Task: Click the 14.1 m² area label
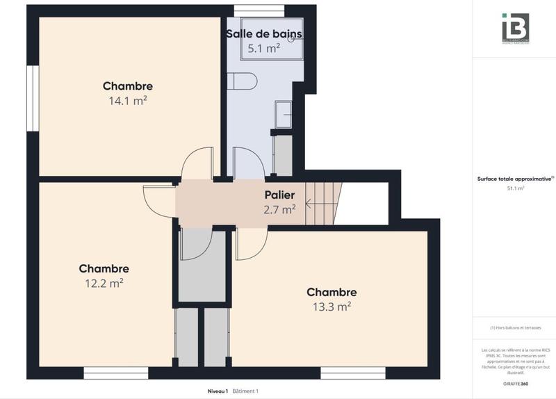127,100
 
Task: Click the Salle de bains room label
263,33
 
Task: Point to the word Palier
279,195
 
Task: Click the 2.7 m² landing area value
279,208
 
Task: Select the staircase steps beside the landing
326,202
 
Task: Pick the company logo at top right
515,28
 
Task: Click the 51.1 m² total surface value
516,188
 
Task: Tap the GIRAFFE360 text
516,383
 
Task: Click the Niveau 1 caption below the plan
218,391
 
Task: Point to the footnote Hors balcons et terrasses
515,327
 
